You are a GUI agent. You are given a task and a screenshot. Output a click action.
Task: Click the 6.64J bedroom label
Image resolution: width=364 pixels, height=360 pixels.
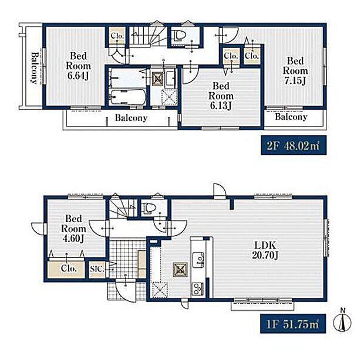pyautogui.click(x=78, y=66)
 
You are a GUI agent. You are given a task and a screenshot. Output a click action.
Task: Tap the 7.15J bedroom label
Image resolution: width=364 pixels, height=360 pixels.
pyautogui.click(x=295, y=71)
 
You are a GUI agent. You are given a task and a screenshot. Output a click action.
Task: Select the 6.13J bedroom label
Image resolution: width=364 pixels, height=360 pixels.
pyautogui.click(x=221, y=96)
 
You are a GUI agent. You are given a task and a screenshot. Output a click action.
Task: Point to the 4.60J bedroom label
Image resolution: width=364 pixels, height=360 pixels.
pyautogui.click(x=73, y=229)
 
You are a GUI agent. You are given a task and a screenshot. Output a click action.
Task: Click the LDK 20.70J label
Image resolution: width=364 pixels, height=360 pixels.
pyautogui.click(x=265, y=250)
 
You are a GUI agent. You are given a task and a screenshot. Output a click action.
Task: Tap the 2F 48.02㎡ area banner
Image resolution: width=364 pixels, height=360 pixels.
pyautogui.click(x=294, y=145)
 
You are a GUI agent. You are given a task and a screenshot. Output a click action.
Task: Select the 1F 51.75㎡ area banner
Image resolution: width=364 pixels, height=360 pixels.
pyautogui.click(x=293, y=324)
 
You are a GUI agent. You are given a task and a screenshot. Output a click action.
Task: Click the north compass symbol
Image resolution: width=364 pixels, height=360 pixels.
pyautogui.click(x=342, y=321)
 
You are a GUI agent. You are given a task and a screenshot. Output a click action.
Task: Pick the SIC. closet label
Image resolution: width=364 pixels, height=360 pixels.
pyautogui.click(x=97, y=269)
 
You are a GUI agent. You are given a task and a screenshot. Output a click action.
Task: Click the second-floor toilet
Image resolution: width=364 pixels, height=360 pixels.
pyautogui.click(x=180, y=35)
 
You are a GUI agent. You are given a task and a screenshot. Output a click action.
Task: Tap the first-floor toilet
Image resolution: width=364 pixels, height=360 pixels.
pyautogui.click(x=149, y=208)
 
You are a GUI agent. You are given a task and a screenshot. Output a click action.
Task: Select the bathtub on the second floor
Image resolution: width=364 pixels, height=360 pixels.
pyautogui.click(x=127, y=97)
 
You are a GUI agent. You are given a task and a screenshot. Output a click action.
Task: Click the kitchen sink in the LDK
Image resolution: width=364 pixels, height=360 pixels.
pyautogui.click(x=198, y=259)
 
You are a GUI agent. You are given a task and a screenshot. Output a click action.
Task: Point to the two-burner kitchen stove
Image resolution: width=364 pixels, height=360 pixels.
pyautogui.click(x=198, y=289)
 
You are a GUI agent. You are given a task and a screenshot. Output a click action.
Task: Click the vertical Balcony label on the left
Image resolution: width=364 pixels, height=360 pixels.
pyautogui.click(x=35, y=67)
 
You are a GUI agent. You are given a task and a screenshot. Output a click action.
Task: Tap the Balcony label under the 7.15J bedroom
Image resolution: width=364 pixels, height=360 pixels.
pyautogui.click(x=291, y=117)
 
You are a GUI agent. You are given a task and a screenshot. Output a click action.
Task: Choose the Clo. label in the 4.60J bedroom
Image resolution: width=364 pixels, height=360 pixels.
pyautogui.click(x=69, y=268)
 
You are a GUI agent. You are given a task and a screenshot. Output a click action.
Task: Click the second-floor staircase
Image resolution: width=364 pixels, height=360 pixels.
pyautogui.click(x=148, y=35)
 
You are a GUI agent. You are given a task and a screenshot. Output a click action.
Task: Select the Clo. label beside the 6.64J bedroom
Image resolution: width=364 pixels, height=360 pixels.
pyautogui.click(x=117, y=36)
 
